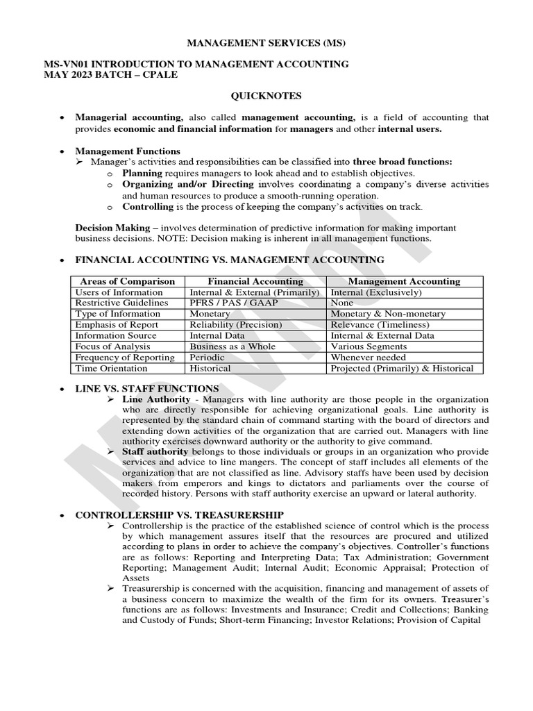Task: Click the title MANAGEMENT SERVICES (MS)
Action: coord(266,43)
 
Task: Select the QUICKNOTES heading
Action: coord(266,96)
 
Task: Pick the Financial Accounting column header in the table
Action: coord(255,281)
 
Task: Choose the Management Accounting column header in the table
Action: coord(403,281)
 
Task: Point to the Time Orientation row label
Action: coord(111,368)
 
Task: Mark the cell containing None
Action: coord(342,303)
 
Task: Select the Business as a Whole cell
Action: coord(232,346)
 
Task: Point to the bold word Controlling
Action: coord(148,206)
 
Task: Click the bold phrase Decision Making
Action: coord(112,227)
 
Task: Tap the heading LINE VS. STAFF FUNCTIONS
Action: coord(146,388)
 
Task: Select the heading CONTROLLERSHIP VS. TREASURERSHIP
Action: coord(179,515)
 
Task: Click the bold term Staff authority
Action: coord(155,451)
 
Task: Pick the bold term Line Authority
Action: coord(156,399)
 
